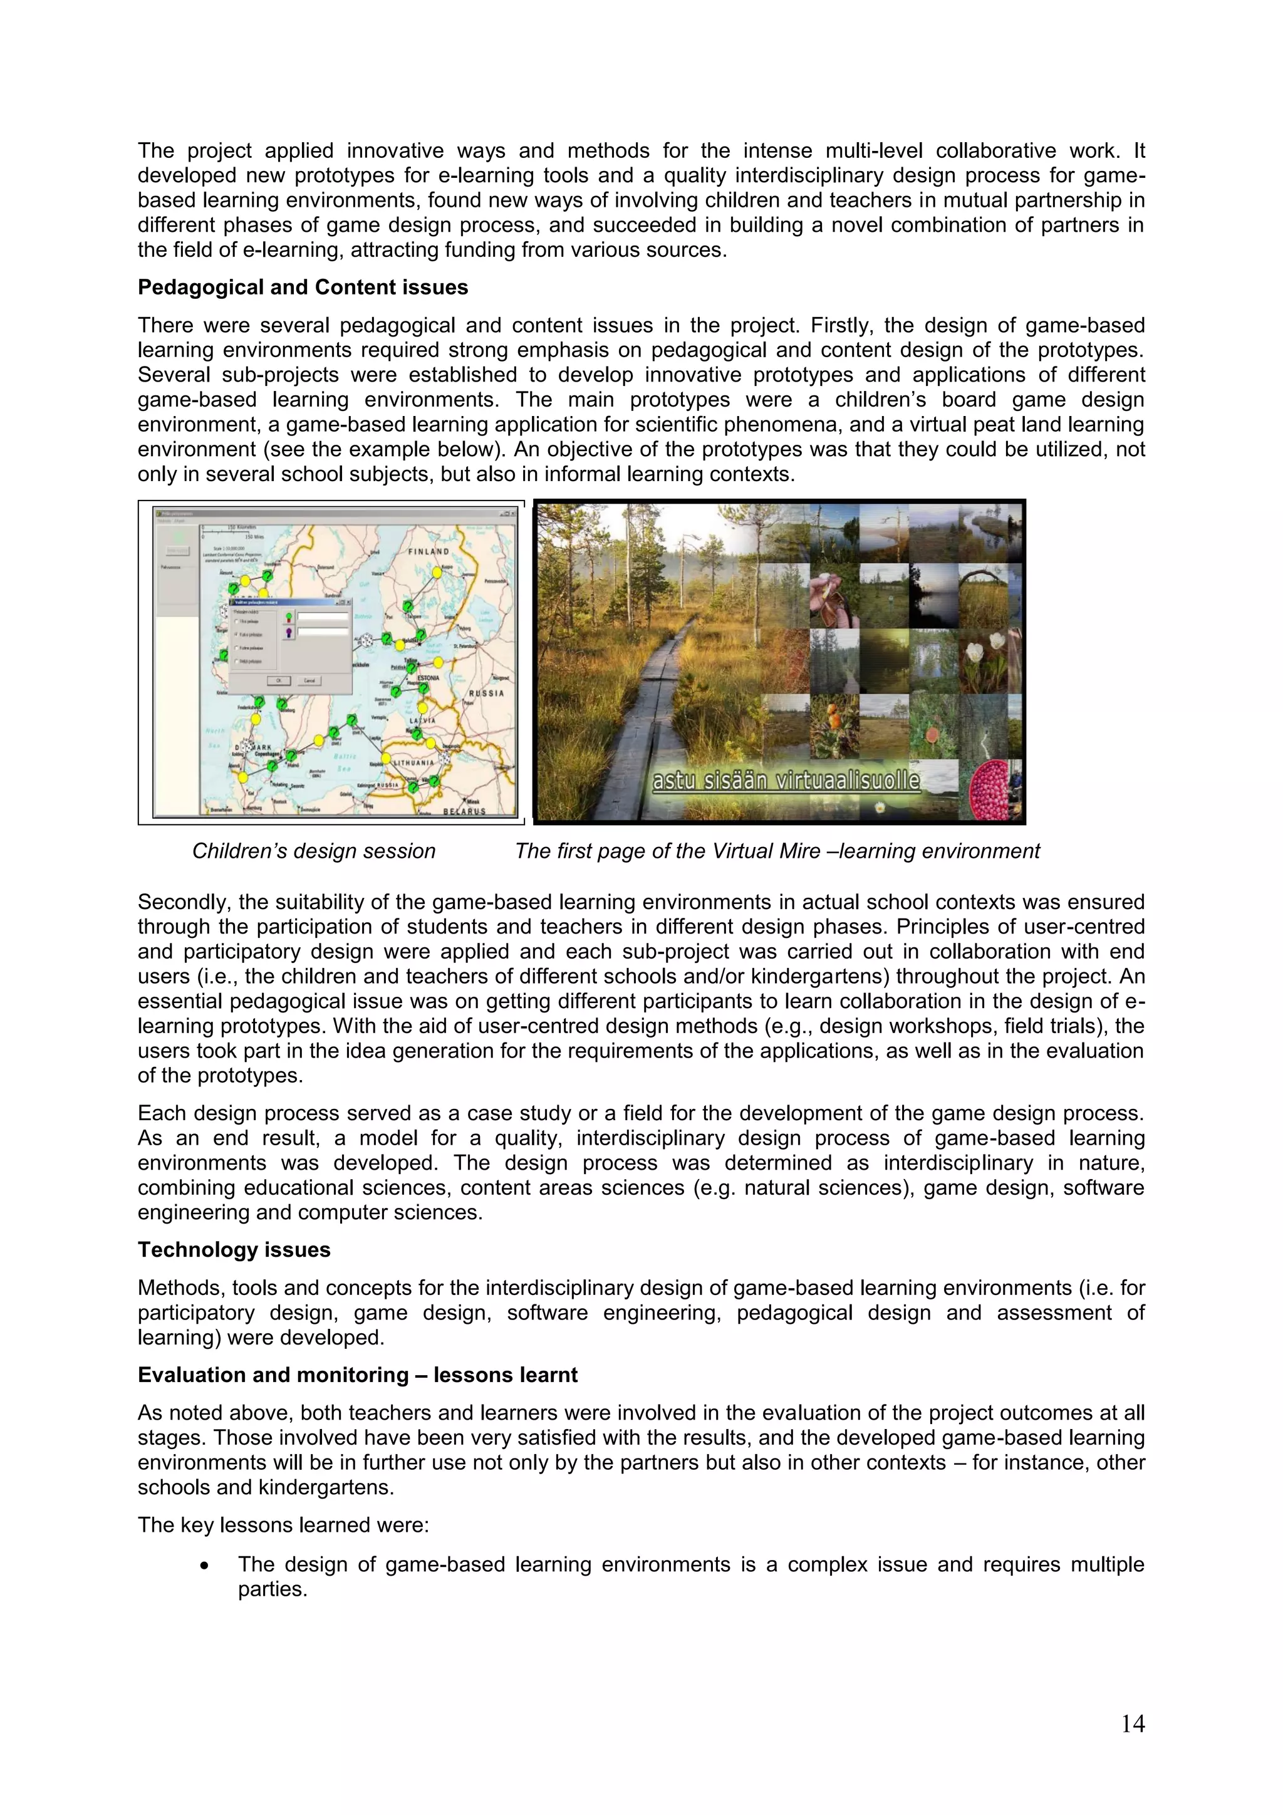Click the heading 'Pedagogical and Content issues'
[302, 287]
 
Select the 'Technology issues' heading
[234, 1250]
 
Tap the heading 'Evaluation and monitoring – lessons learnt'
[357, 1375]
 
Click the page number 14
[1132, 1724]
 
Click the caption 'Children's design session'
[314, 851]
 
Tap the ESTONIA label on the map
[428, 677]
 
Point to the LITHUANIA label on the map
[413, 763]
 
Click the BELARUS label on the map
[464, 811]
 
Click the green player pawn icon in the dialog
[289, 617]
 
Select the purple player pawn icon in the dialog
[289, 632]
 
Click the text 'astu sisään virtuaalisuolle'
[786, 781]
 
